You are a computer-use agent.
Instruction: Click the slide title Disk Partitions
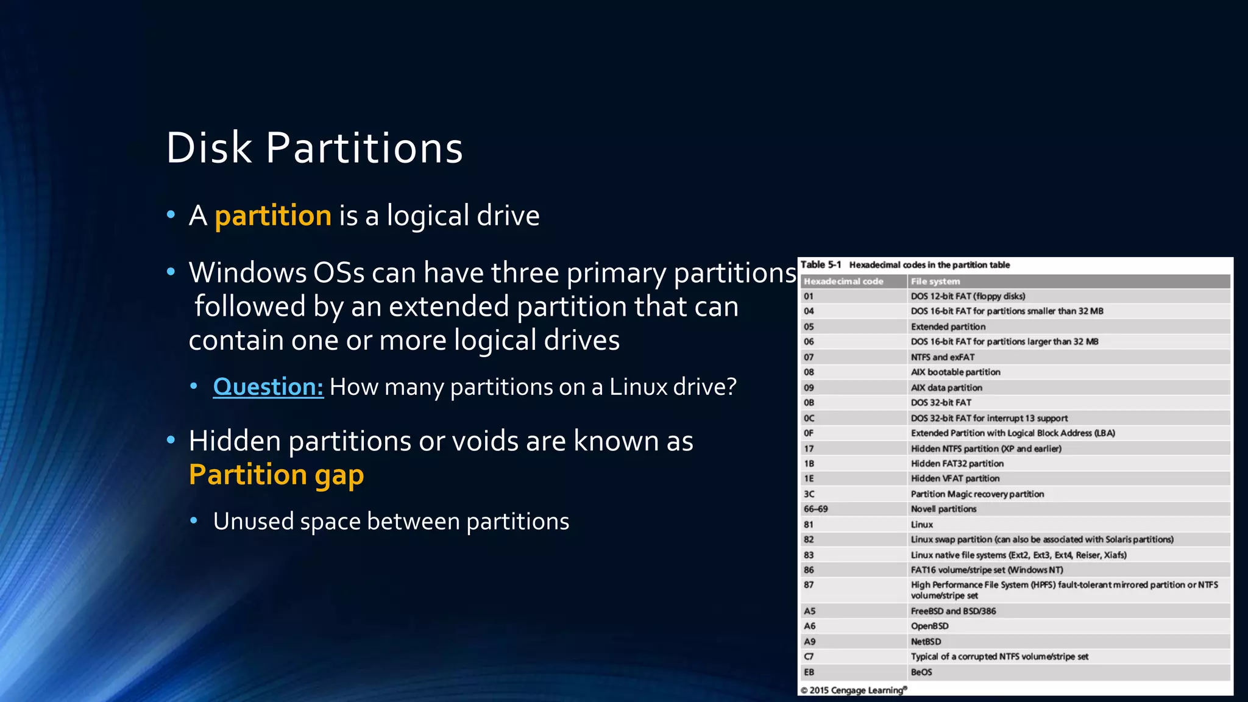point(314,148)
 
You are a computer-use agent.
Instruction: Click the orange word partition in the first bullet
point(273,216)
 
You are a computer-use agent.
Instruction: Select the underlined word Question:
point(268,387)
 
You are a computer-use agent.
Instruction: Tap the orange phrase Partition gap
point(276,475)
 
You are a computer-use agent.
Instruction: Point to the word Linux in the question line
point(637,387)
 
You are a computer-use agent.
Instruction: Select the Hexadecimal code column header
point(843,282)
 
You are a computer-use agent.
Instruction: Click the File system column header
point(935,282)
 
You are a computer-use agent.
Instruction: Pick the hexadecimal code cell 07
point(809,357)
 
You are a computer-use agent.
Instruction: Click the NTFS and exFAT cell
point(943,357)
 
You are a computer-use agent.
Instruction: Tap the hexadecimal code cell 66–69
point(815,509)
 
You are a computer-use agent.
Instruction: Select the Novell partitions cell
point(943,509)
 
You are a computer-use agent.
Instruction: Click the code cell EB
point(809,672)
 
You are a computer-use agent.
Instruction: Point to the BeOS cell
point(921,672)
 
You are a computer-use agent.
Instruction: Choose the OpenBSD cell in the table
point(929,626)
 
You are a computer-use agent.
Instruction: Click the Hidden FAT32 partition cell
point(957,464)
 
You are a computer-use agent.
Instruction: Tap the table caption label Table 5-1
point(820,264)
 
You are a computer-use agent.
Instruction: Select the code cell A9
point(809,642)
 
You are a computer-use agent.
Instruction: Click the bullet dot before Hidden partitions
point(171,439)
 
